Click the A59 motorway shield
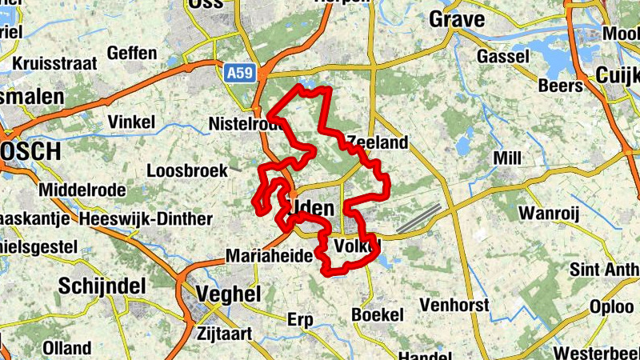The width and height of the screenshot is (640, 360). tap(234, 73)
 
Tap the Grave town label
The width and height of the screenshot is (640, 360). tap(457, 19)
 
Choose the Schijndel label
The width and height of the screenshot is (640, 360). tap(102, 286)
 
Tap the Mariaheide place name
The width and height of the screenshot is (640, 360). tap(267, 256)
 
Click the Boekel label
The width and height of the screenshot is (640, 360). tap(378, 315)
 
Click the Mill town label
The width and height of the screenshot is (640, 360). tap(507, 158)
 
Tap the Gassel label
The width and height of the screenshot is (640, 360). tap(503, 57)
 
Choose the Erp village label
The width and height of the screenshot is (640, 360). tap(300, 319)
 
